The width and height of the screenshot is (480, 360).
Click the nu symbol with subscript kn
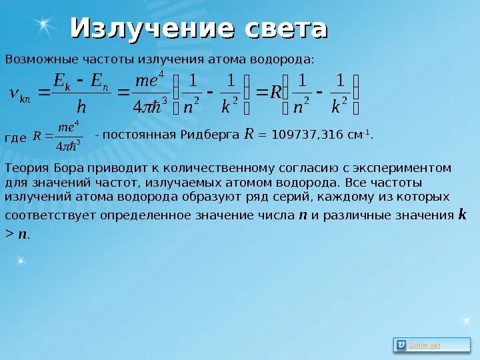click(19, 97)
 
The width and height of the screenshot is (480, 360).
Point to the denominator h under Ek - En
click(81, 107)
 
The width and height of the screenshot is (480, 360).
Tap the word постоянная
click(139, 135)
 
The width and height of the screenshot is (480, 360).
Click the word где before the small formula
click(15, 138)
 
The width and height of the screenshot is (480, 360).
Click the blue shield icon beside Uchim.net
click(401, 345)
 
